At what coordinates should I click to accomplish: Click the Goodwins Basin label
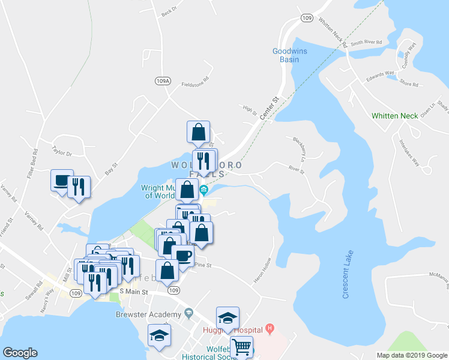point(289,55)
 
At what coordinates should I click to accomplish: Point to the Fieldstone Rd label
point(195,84)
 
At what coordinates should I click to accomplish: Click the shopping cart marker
point(241,347)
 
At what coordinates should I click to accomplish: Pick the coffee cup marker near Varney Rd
point(61,181)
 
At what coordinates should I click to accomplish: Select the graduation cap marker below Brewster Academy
point(159,335)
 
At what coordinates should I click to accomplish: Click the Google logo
point(20,353)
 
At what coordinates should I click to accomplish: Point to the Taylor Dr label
point(62,154)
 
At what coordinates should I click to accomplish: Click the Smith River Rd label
point(366,43)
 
